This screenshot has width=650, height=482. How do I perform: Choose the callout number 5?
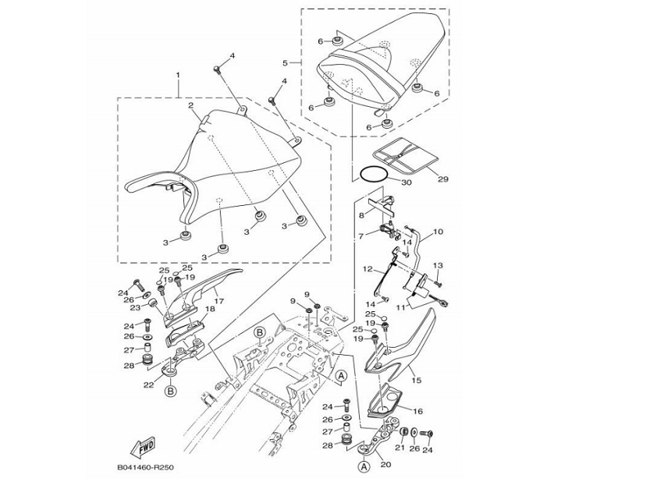[285, 62]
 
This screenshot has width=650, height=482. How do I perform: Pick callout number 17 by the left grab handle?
[218, 300]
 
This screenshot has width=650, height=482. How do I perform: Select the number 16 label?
[417, 410]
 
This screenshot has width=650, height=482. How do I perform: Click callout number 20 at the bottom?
[385, 466]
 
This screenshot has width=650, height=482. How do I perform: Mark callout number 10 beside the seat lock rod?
[438, 232]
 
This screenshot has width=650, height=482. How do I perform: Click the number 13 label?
[438, 266]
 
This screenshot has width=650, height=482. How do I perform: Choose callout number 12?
[368, 269]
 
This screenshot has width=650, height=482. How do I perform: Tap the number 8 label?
[361, 215]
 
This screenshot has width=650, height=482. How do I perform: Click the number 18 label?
[210, 310]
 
